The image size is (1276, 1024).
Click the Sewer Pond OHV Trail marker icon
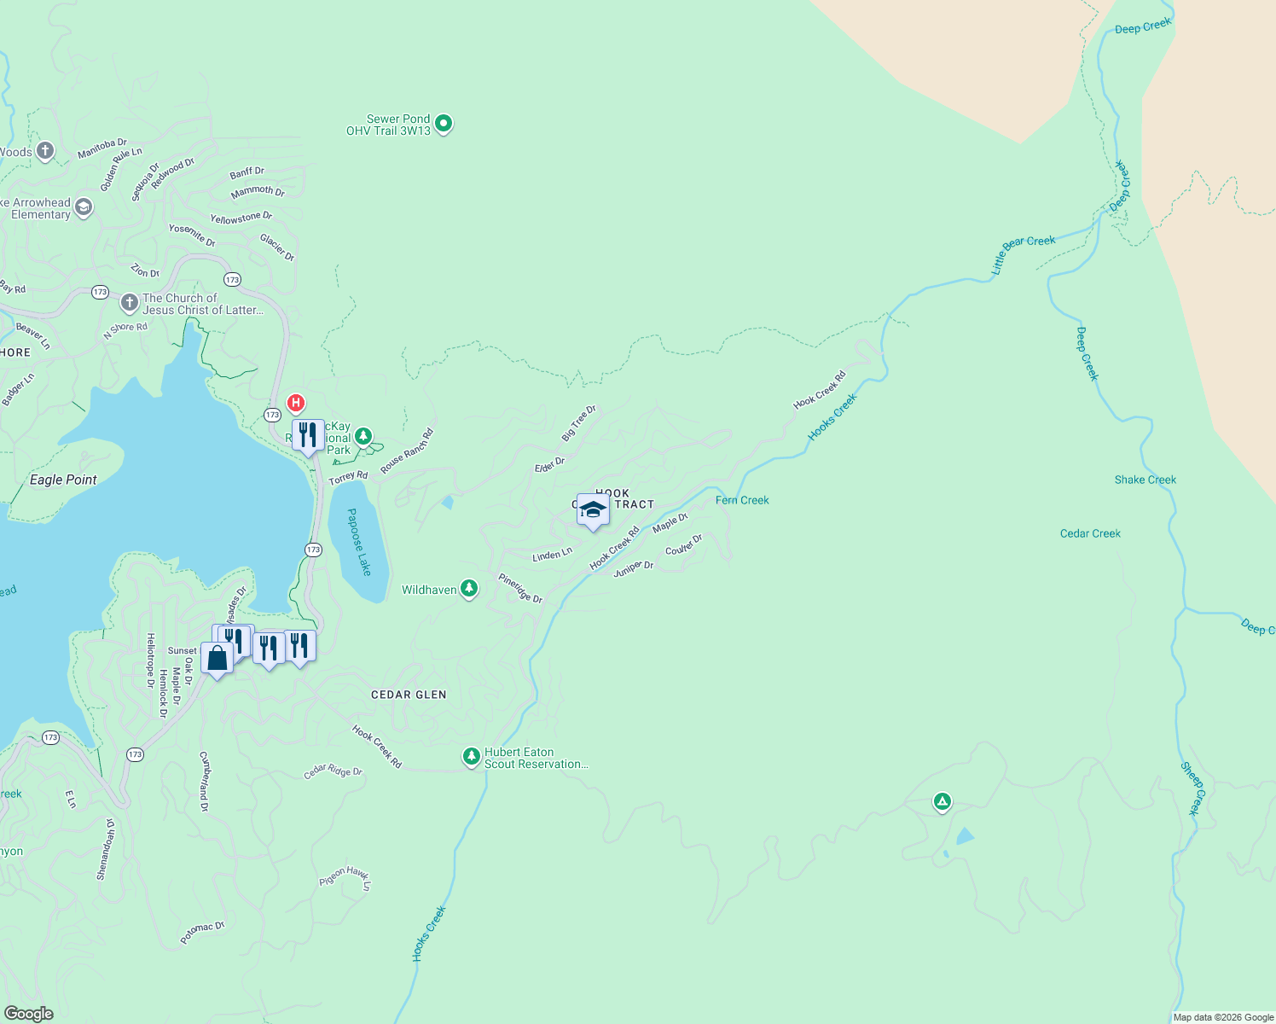click(444, 124)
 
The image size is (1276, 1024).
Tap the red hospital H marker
click(295, 403)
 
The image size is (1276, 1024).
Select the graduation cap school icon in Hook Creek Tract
click(593, 510)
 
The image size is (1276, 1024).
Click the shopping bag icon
click(217, 658)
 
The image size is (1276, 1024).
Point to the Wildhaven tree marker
click(468, 589)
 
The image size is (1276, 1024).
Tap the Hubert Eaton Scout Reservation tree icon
click(471, 757)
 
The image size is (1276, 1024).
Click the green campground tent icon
click(942, 801)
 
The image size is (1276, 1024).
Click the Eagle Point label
click(63, 480)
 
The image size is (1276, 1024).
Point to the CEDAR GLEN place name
click(409, 695)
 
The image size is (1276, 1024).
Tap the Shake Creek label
click(1145, 480)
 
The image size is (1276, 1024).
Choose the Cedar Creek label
click(1090, 533)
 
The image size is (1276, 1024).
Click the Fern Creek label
click(742, 500)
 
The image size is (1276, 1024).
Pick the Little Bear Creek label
click(1023, 254)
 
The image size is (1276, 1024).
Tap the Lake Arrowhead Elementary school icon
click(84, 207)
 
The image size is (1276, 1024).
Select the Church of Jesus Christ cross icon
click(129, 303)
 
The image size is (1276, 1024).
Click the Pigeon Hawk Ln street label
click(345, 878)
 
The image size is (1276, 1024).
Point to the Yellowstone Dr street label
click(241, 218)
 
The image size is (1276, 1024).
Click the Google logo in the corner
click(28, 1013)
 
